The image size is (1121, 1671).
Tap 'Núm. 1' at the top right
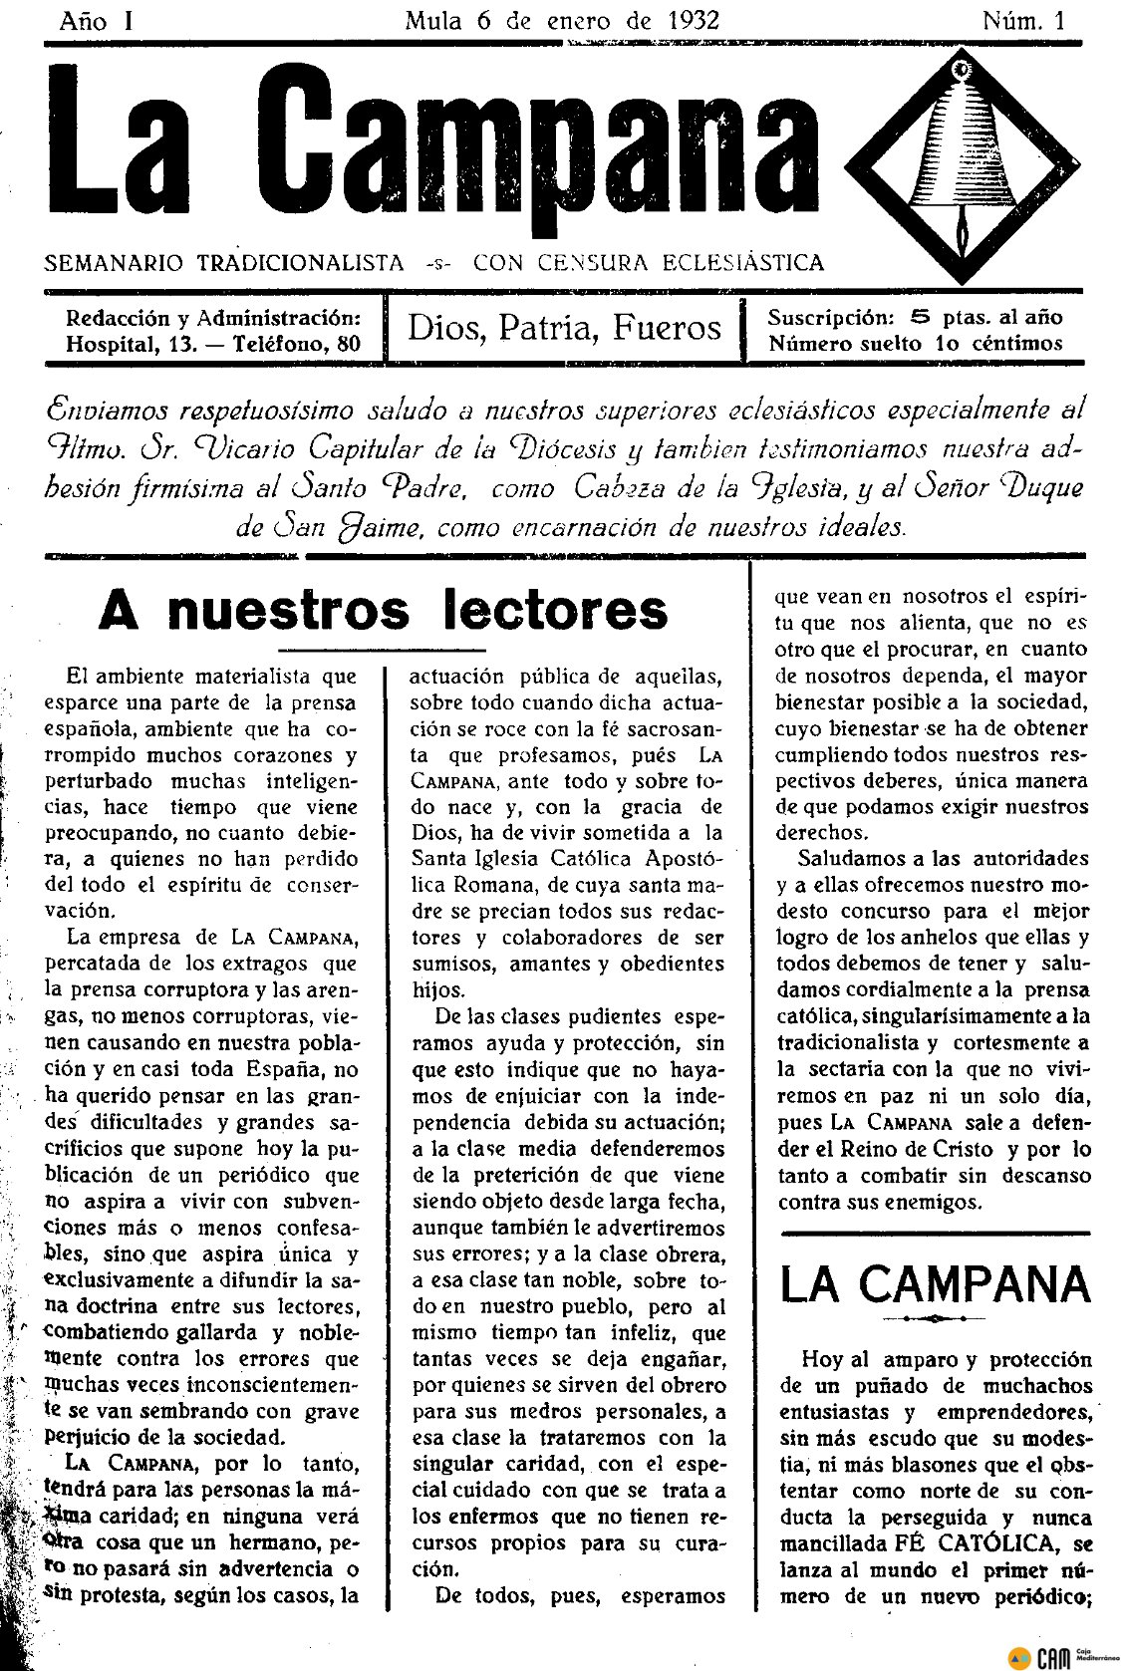pyautogui.click(x=1022, y=20)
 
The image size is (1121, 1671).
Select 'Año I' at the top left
pyautogui.click(x=97, y=20)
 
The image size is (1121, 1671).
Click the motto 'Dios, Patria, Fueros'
pyautogui.click(x=565, y=327)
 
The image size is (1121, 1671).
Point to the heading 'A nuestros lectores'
pyautogui.click(x=383, y=609)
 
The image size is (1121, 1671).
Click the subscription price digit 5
pyautogui.click(x=921, y=318)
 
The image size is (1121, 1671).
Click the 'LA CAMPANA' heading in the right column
pyautogui.click(x=937, y=1285)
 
